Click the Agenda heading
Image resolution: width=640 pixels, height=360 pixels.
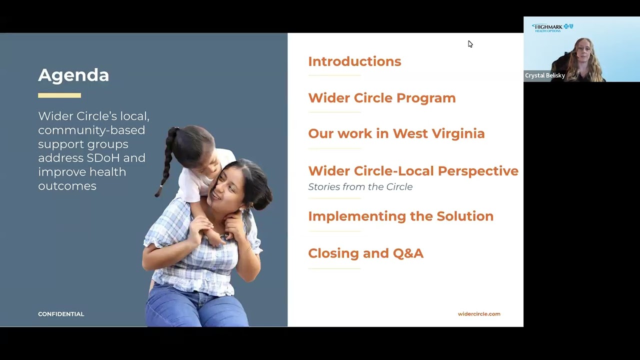click(73, 75)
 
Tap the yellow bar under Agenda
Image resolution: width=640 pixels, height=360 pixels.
click(59, 95)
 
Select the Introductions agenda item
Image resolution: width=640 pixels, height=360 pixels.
click(354, 61)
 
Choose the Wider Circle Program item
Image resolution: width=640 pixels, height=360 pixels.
click(381, 98)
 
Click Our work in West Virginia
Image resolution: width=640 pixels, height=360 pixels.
click(396, 133)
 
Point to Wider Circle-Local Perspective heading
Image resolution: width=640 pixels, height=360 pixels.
click(413, 171)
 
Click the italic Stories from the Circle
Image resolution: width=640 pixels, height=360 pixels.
click(360, 187)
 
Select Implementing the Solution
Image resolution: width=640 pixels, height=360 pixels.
click(400, 216)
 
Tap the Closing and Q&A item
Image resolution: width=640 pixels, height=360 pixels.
click(365, 253)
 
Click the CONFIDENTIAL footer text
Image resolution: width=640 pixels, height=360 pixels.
click(61, 314)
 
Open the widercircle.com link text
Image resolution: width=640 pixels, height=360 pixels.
click(478, 314)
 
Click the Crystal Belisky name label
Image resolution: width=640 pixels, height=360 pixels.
click(544, 75)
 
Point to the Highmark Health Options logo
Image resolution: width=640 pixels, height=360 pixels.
click(552, 27)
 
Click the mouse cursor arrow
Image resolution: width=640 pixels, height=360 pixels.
click(470, 44)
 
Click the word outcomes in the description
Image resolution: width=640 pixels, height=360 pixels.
click(67, 186)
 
